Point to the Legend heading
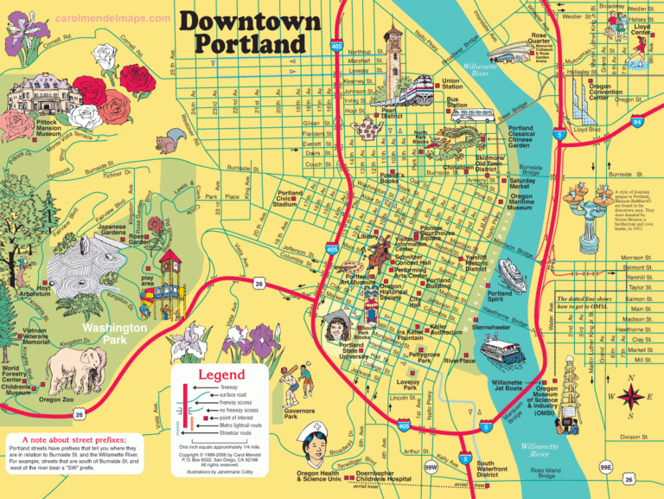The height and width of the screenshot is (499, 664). point(223,374)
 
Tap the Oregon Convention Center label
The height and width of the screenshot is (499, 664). point(612,93)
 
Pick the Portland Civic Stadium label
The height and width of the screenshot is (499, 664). point(290,198)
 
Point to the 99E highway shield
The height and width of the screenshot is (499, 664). point(605,467)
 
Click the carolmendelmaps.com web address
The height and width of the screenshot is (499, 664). point(112,18)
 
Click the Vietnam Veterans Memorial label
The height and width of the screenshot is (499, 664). point(37,336)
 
